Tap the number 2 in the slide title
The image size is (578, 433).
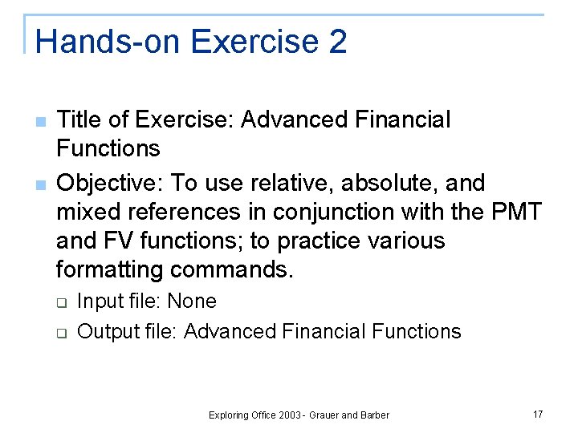click(x=337, y=41)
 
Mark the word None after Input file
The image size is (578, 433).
click(x=192, y=301)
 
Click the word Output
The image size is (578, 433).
click(x=103, y=331)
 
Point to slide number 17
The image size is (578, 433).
click(x=538, y=414)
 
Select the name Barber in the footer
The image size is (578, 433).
click(x=375, y=415)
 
